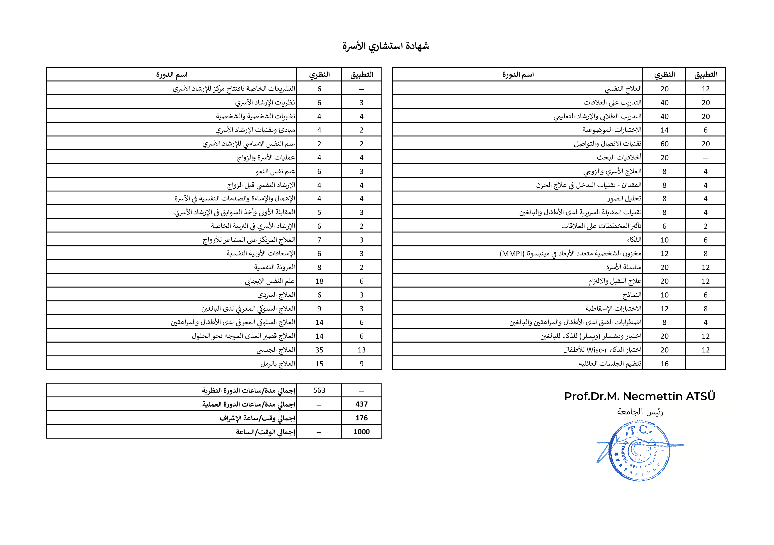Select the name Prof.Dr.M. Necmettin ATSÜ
click(x=639, y=396)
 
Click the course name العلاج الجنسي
click(x=276, y=350)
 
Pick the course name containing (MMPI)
click(x=570, y=253)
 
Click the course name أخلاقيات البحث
click(x=619, y=157)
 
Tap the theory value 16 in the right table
click(x=664, y=364)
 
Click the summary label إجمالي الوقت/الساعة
click(x=265, y=432)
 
